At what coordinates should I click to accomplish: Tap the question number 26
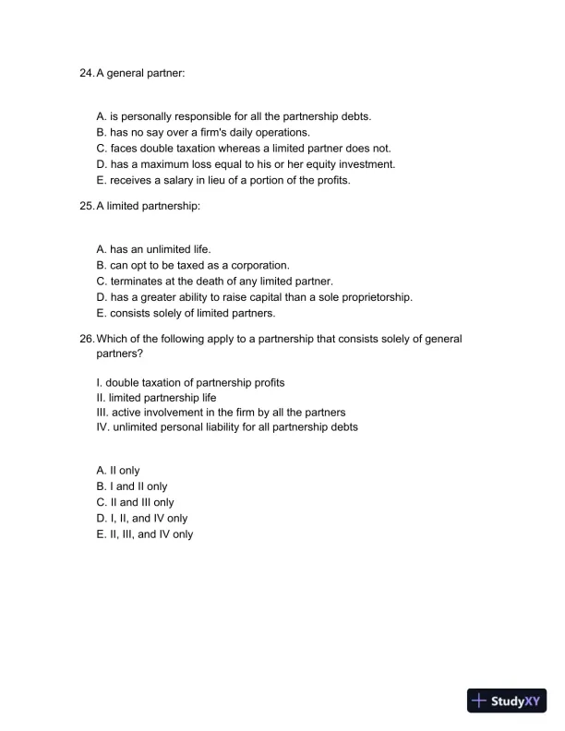click(x=87, y=339)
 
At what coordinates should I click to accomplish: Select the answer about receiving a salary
click(x=222, y=180)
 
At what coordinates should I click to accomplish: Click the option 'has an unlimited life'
click(x=153, y=249)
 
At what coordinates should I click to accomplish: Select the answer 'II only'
click(x=117, y=471)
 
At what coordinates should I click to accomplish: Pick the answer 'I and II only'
click(x=131, y=486)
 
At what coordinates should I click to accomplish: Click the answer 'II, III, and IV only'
click(x=144, y=533)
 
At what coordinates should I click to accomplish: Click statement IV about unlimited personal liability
click(x=226, y=427)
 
